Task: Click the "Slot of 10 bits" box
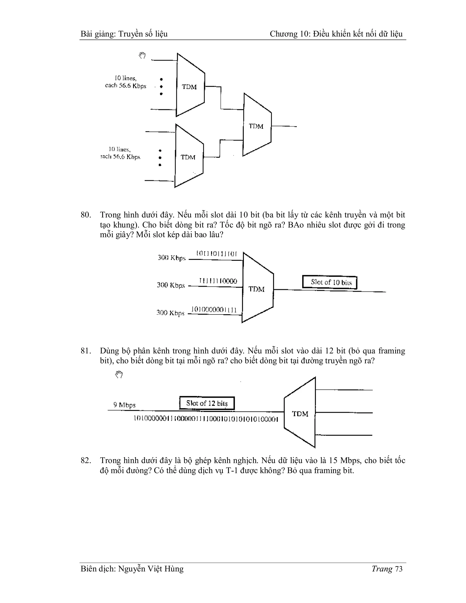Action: point(330,282)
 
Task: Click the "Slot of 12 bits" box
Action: point(207,403)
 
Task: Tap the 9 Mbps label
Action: point(124,405)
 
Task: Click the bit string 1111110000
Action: point(218,281)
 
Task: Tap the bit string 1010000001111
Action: point(214,309)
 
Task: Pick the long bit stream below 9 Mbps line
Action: point(206,419)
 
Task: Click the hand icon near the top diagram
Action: point(142,56)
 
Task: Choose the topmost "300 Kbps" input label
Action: point(171,258)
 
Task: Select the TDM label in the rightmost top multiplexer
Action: point(256,127)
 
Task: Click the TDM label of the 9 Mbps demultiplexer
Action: point(300,414)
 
